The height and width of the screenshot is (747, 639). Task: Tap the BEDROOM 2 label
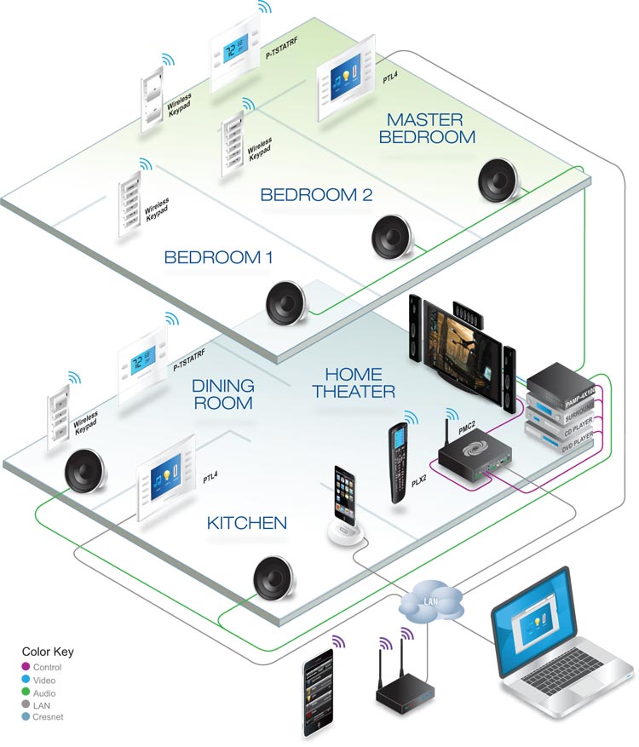(316, 194)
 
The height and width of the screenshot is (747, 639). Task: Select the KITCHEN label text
(246, 521)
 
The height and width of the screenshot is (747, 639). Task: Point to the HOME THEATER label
(353, 382)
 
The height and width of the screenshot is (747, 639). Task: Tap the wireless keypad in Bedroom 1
(128, 205)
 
